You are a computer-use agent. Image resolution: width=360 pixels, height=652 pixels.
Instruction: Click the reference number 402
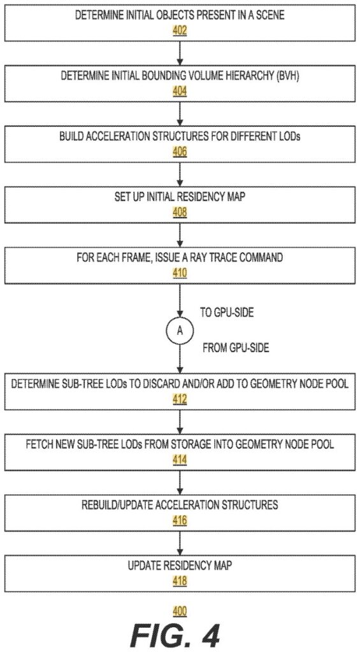pyautogui.click(x=180, y=31)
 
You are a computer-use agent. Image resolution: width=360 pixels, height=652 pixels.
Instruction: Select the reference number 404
pyautogui.click(x=180, y=92)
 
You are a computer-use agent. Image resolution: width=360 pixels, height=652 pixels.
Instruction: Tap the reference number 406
pyautogui.click(x=180, y=152)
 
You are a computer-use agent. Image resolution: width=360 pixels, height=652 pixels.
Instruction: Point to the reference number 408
pyautogui.click(x=180, y=213)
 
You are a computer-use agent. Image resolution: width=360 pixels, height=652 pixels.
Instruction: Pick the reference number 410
pyautogui.click(x=180, y=273)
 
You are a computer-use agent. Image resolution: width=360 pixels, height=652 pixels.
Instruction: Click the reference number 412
pyautogui.click(x=180, y=400)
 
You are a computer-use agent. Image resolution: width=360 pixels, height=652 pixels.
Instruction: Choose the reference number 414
pyautogui.click(x=180, y=460)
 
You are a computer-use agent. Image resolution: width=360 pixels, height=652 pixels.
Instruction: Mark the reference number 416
pyautogui.click(x=180, y=521)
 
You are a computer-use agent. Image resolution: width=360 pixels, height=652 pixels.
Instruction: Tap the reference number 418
pyautogui.click(x=180, y=581)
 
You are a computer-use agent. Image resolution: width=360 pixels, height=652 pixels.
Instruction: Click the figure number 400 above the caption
pyautogui.click(x=180, y=611)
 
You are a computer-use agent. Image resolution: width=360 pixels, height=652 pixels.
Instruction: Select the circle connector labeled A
pyautogui.click(x=180, y=330)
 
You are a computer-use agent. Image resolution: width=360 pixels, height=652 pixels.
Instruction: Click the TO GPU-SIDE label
pyautogui.click(x=227, y=313)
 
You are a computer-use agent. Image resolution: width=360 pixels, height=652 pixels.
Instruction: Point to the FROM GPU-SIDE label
pyautogui.click(x=236, y=348)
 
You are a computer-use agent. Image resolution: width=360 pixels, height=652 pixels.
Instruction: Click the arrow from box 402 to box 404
pyautogui.click(x=180, y=52)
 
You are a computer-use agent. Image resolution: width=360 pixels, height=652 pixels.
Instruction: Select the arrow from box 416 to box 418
pyautogui.click(x=180, y=542)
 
